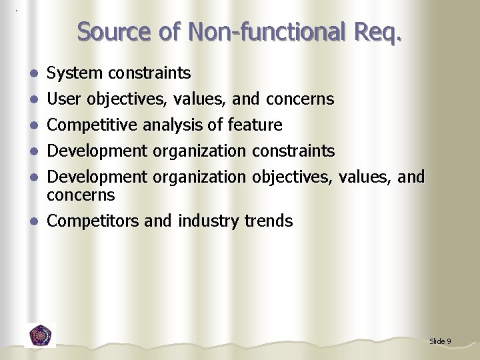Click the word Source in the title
(115, 31)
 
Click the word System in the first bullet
(73, 73)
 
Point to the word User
(63, 99)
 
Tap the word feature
(255, 125)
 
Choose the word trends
(267, 221)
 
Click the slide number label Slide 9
(440, 341)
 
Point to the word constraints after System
(150, 73)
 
